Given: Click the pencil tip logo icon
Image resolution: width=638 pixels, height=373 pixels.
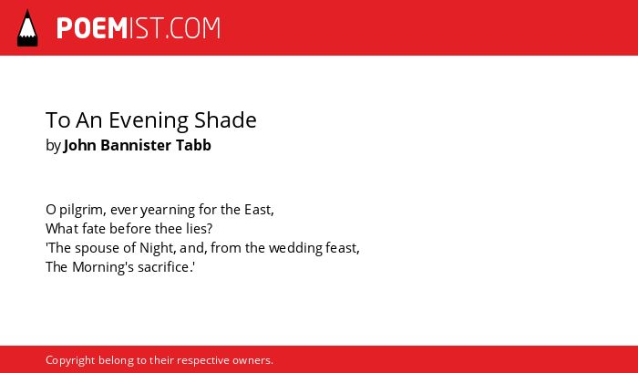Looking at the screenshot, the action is point(27,27).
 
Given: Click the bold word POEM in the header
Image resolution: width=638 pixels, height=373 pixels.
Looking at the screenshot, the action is point(92,28).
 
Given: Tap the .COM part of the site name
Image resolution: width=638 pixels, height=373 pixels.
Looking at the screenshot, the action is point(193,28).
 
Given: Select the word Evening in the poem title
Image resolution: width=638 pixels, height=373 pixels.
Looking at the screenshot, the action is point(148,120).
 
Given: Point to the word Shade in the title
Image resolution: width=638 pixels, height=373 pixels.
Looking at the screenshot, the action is point(225,120).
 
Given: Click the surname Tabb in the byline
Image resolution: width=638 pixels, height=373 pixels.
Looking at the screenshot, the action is point(193,145).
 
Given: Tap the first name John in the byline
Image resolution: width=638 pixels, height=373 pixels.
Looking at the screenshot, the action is point(80,145).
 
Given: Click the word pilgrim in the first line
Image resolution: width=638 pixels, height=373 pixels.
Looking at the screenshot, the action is point(83,210).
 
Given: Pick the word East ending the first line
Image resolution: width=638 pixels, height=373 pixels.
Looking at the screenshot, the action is point(258,210).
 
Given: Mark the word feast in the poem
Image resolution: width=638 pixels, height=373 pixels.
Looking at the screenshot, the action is point(341,247).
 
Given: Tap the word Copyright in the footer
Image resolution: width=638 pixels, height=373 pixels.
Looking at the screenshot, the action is point(70,361).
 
